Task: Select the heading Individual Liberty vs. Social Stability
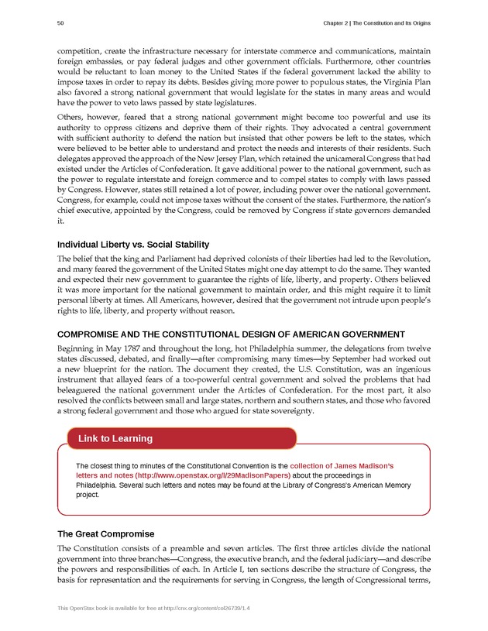[137, 245]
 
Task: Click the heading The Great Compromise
[106, 534]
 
